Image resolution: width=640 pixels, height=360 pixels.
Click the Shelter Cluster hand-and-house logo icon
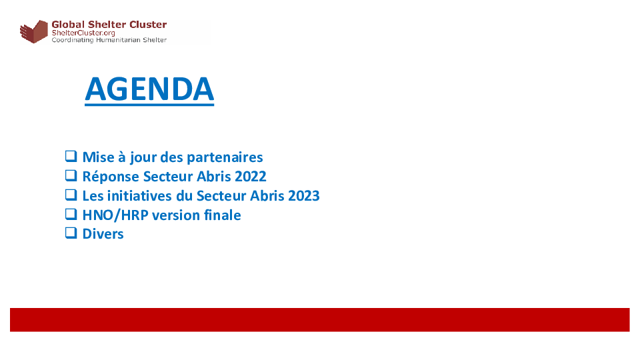point(34,31)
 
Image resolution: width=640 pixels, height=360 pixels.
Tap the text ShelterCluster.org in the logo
point(83,33)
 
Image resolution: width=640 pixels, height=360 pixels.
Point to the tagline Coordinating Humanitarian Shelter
point(109,40)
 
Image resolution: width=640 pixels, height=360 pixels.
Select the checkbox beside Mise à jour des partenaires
point(71,156)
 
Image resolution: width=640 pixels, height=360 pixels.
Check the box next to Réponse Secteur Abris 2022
point(71,175)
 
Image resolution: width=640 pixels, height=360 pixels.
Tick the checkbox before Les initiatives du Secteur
point(71,195)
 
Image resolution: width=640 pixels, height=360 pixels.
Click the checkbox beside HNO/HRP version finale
point(71,214)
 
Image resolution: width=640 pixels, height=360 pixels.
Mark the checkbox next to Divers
point(71,233)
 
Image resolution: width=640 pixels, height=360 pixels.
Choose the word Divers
point(103,234)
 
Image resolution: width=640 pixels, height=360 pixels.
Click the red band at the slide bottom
point(319,319)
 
